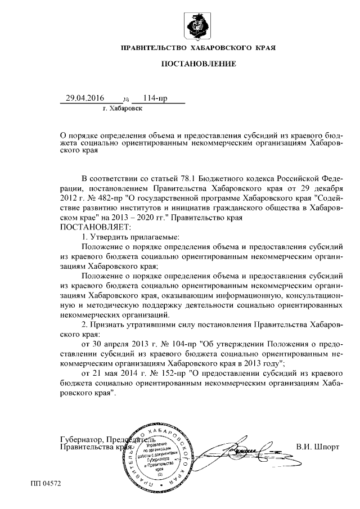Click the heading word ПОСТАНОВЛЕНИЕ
(198, 64)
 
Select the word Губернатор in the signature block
(81, 439)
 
